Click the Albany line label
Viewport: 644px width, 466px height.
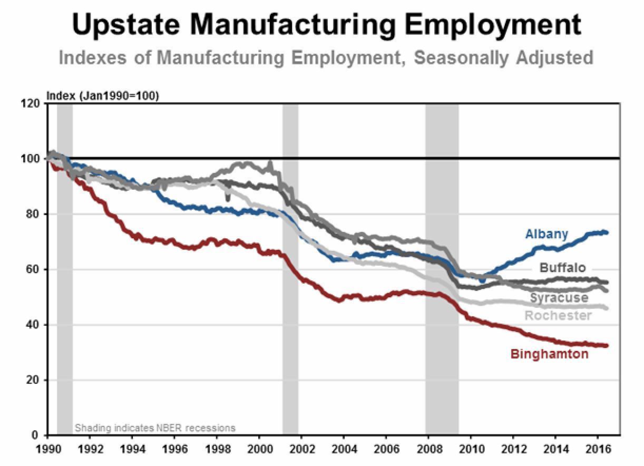click(547, 234)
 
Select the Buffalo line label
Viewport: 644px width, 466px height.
click(562, 268)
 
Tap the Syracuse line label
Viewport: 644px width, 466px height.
click(559, 298)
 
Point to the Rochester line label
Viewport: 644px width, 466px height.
click(558, 315)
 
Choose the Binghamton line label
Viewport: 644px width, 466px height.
click(549, 354)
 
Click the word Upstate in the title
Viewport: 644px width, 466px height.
click(126, 24)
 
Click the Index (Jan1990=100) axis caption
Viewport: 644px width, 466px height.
click(103, 95)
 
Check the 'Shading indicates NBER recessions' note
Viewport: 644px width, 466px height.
click(155, 428)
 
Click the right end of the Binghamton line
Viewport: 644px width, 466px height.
click(607, 346)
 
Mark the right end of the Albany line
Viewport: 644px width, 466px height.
click(607, 232)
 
